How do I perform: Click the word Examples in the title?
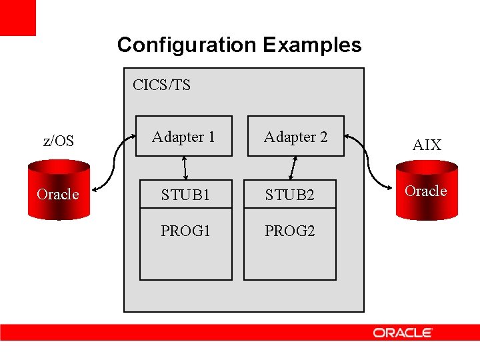point(312,45)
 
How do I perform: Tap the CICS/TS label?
point(161,85)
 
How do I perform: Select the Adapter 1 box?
point(183,137)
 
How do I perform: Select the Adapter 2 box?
point(295,137)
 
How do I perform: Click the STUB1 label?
point(185,195)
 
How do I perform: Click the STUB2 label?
point(289,195)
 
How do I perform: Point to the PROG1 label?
point(185,231)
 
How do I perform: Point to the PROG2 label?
point(289,231)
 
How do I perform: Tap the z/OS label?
point(58,141)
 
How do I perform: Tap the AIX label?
point(427,145)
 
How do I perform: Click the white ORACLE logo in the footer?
point(403,333)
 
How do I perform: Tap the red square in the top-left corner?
point(17,17)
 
